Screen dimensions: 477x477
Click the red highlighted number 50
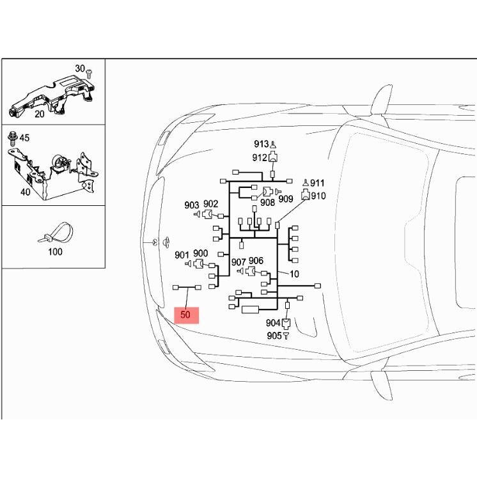pyautogui.click(x=185, y=314)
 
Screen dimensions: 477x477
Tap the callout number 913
pyautogui.click(x=262, y=144)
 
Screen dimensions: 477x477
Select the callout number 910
pyautogui.click(x=318, y=196)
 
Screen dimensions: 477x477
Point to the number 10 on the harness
pyautogui.click(x=294, y=274)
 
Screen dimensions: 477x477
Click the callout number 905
pyautogui.click(x=274, y=336)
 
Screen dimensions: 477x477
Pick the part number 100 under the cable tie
pyautogui.click(x=55, y=251)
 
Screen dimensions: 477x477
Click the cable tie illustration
pyautogui.click(x=56, y=233)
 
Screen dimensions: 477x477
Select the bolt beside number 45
pyautogui.click(x=13, y=138)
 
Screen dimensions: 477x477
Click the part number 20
pyautogui.click(x=40, y=114)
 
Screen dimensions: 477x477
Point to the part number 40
pyautogui.click(x=25, y=192)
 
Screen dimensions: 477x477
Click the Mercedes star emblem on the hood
pyautogui.click(x=155, y=242)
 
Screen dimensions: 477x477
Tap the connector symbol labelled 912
pyautogui.click(x=273, y=157)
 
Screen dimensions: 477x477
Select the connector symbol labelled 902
pyautogui.click(x=207, y=214)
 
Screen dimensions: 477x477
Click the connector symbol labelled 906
pyautogui.click(x=251, y=270)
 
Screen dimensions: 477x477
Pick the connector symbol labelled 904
pyautogui.click(x=286, y=324)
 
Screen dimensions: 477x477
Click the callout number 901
pyautogui.click(x=182, y=255)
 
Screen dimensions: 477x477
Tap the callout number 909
pyautogui.click(x=286, y=199)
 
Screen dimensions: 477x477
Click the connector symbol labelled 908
pyautogui.click(x=268, y=192)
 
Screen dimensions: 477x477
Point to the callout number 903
pyautogui.click(x=192, y=205)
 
